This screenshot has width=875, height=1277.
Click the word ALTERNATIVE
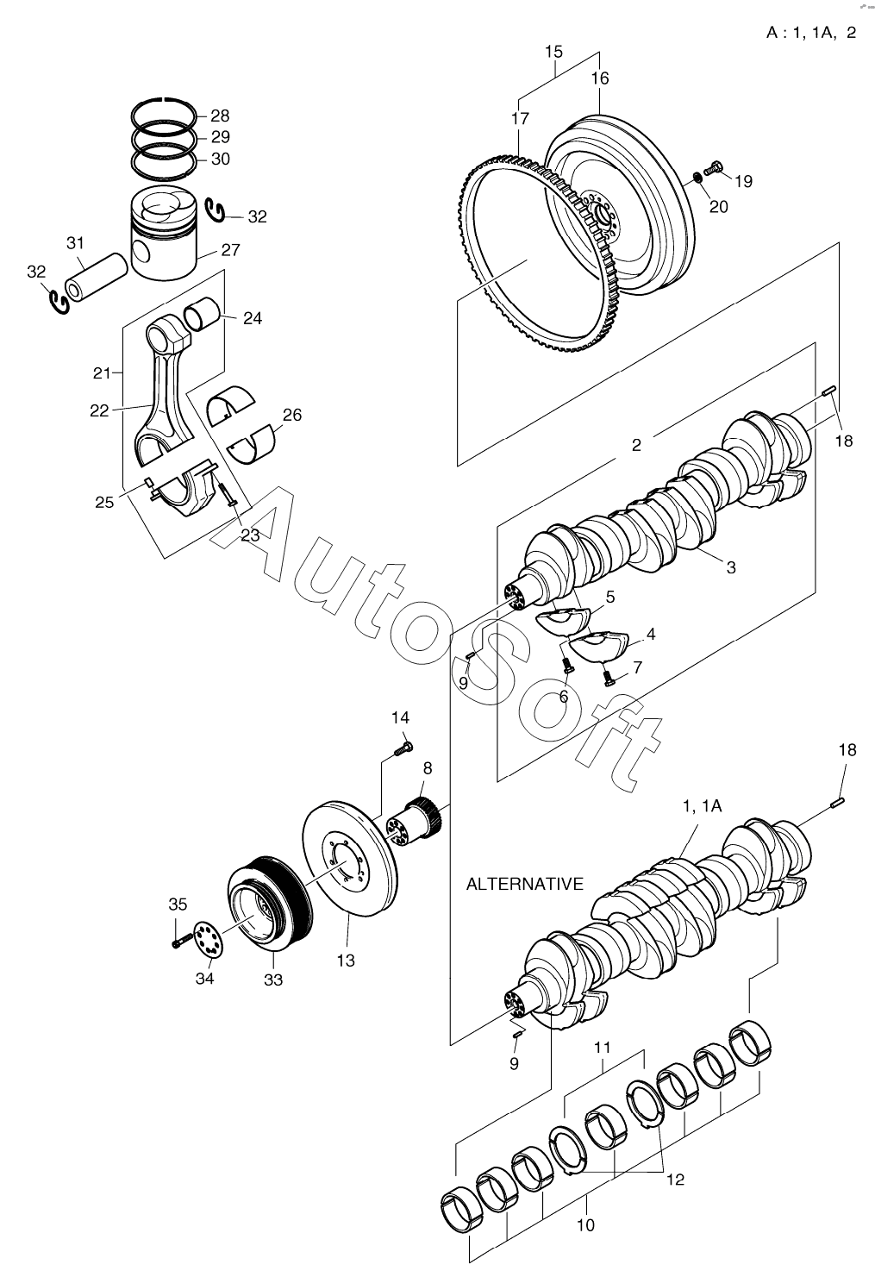click(x=525, y=884)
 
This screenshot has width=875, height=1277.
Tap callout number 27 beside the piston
click(x=230, y=250)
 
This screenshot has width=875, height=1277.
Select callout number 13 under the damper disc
click(x=346, y=961)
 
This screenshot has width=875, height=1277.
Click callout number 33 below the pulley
click(x=273, y=980)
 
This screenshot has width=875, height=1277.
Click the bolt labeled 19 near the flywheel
click(x=714, y=168)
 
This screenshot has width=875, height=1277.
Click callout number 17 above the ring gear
click(x=520, y=118)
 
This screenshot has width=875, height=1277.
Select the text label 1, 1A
click(x=703, y=805)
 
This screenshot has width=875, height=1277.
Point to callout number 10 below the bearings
click(x=585, y=1224)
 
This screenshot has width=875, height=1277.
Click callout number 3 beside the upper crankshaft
click(x=731, y=567)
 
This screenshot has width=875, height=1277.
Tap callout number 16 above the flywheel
click(x=600, y=78)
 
